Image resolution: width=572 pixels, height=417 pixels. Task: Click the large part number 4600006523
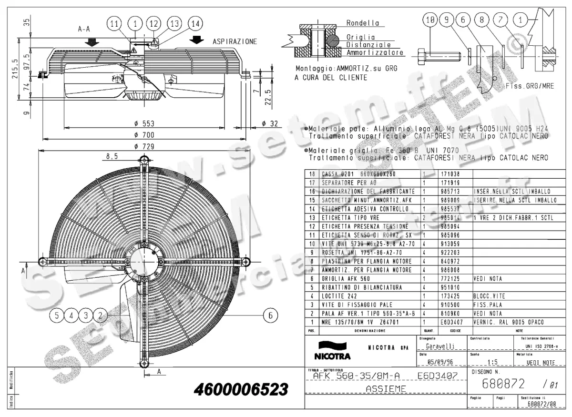241,389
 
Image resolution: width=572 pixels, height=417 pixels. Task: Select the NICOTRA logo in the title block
332,352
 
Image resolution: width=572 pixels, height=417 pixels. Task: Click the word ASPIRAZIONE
235,41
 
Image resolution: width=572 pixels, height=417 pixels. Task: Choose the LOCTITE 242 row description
339,296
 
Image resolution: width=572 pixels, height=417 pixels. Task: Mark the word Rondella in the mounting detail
363,22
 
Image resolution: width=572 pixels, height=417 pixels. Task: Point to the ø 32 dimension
270,123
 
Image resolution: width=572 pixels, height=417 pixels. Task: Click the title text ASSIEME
386,389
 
